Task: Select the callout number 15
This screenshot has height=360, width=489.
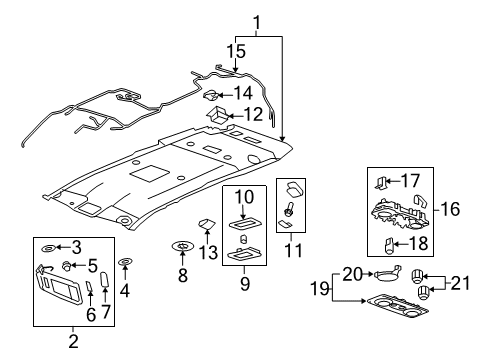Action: click(x=237, y=50)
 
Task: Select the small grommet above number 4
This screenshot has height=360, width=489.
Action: click(x=125, y=264)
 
